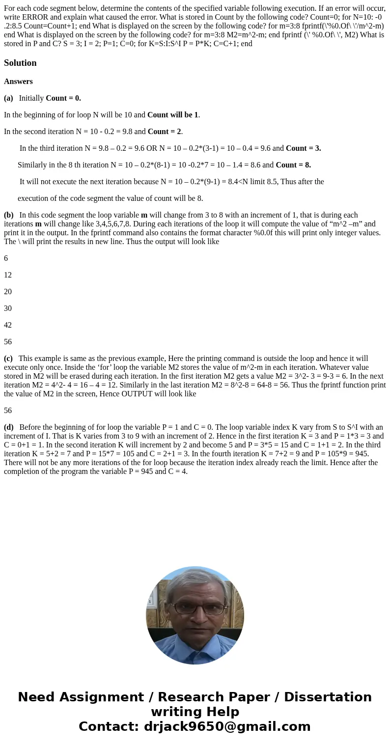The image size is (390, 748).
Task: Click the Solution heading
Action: [x=20, y=63]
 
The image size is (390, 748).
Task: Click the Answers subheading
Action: [x=18, y=82]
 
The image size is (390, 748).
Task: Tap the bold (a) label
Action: [x=8, y=98]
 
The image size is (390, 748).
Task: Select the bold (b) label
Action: [x=9, y=215]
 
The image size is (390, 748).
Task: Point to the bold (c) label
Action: [x=8, y=359]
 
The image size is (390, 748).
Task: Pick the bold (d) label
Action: [x=9, y=427]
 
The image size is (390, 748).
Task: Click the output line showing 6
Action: [x=6, y=258]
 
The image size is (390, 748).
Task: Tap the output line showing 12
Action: [x=8, y=275]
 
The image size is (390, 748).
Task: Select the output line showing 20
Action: [x=8, y=292]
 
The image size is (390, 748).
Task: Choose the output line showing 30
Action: [x=8, y=308]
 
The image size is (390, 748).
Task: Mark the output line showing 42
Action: [x=8, y=325]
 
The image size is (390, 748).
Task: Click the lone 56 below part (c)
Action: [x=8, y=411]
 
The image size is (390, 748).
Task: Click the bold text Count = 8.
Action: [x=293, y=165]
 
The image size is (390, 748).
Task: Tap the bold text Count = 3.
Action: [x=303, y=148]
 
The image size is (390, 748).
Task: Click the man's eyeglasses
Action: [x=195, y=609]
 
